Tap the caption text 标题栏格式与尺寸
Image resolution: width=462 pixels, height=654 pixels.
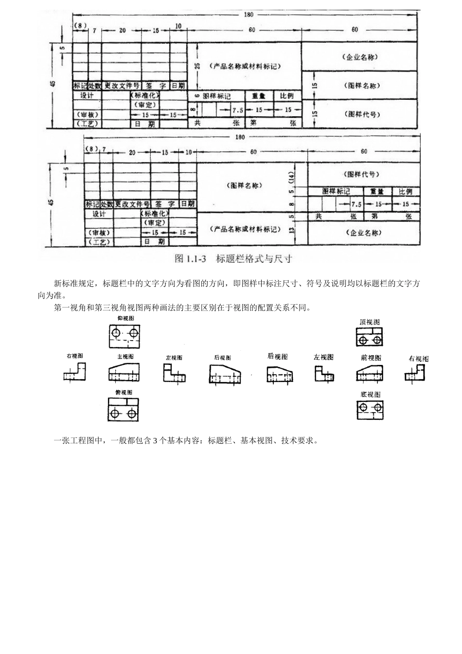(x=253, y=259)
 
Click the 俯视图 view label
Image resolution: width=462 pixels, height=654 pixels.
(x=124, y=392)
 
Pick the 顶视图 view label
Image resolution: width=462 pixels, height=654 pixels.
(x=370, y=322)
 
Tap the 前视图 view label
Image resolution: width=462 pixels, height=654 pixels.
(x=371, y=358)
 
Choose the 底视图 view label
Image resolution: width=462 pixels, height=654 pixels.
(x=370, y=394)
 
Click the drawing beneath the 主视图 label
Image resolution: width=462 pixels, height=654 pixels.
(x=124, y=373)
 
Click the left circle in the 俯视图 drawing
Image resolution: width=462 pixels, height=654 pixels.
(x=115, y=413)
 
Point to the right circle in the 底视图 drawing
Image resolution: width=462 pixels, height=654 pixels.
(x=378, y=406)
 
